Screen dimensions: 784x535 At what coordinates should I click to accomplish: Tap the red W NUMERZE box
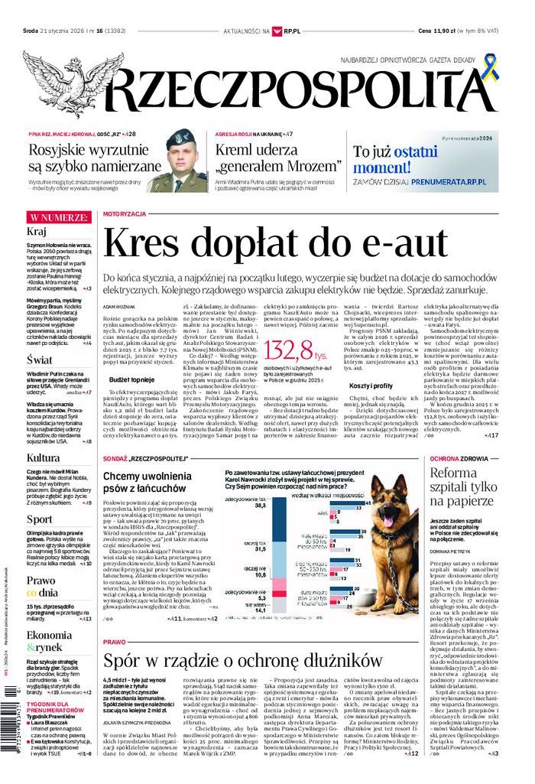pyautogui.click(x=60, y=218)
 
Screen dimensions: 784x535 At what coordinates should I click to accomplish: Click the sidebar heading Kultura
pyautogui.click(x=44, y=458)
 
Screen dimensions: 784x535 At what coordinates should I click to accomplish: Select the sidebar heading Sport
pyautogui.click(x=40, y=519)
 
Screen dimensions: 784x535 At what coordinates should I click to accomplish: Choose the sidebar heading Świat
pyautogui.click(x=40, y=359)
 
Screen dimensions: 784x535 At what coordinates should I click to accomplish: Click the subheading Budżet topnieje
pyautogui.click(x=131, y=379)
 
